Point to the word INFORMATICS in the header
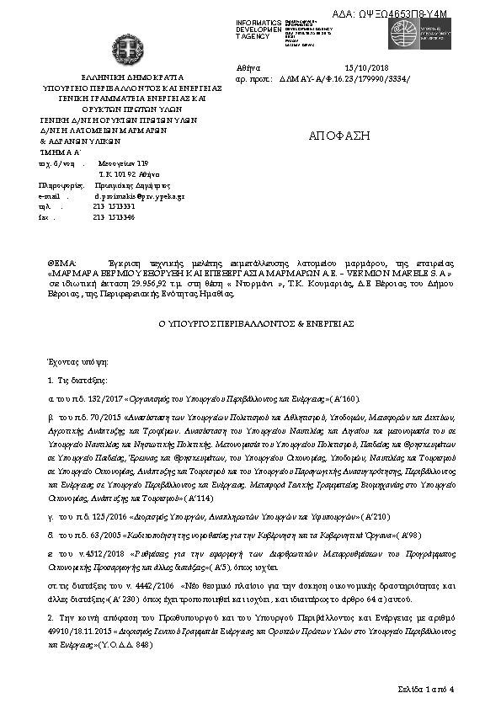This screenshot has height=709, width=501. tap(258, 23)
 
